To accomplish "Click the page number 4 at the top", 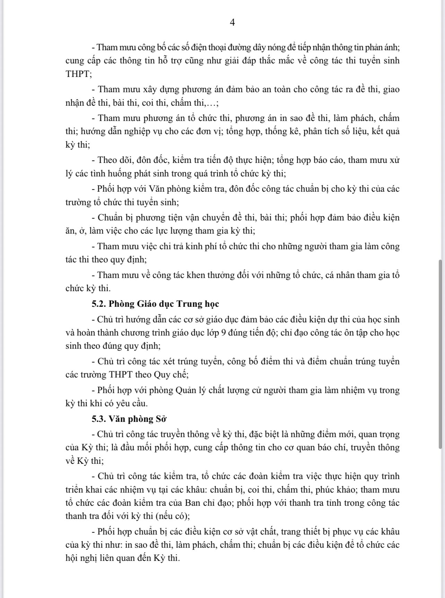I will click(x=232, y=23).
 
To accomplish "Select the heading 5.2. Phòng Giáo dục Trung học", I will click(x=155, y=304).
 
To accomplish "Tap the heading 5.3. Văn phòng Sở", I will click(x=129, y=419).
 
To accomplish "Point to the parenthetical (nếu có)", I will click(x=173, y=516).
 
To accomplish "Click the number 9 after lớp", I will click(x=224, y=333).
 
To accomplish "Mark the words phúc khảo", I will click(x=341, y=490).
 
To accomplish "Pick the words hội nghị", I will click(x=80, y=558).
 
